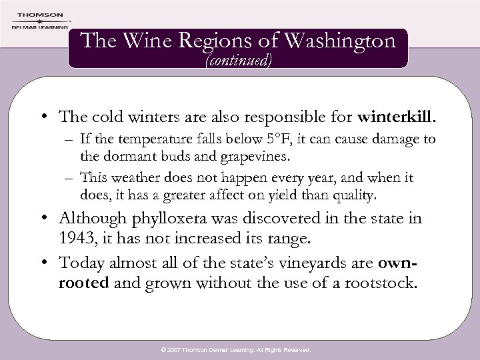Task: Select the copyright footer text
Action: tap(240, 349)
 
